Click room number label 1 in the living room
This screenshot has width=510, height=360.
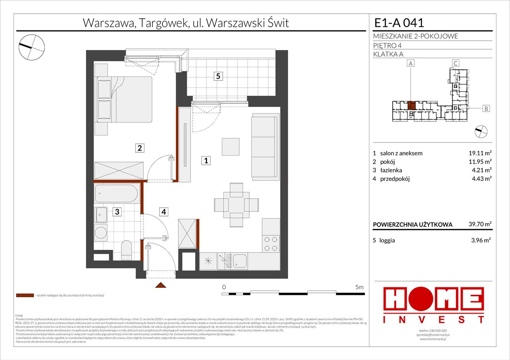pyautogui.click(x=206, y=161)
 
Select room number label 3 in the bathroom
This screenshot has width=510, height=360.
pyautogui.click(x=117, y=212)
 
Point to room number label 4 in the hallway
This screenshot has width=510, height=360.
pyautogui.click(x=163, y=212)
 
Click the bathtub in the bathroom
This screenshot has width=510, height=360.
pyautogui.click(x=116, y=194)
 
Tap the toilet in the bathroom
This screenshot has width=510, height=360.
pyautogui.click(x=127, y=249)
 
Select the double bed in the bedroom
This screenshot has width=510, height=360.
pyautogui.click(x=124, y=99)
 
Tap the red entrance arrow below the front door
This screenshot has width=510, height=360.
pyautogui.click(x=160, y=285)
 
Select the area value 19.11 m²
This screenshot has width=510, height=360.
pyautogui.click(x=480, y=153)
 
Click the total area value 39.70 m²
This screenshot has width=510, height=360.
pyautogui.click(x=480, y=225)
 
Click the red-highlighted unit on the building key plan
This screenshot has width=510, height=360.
pyautogui.click(x=411, y=105)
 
